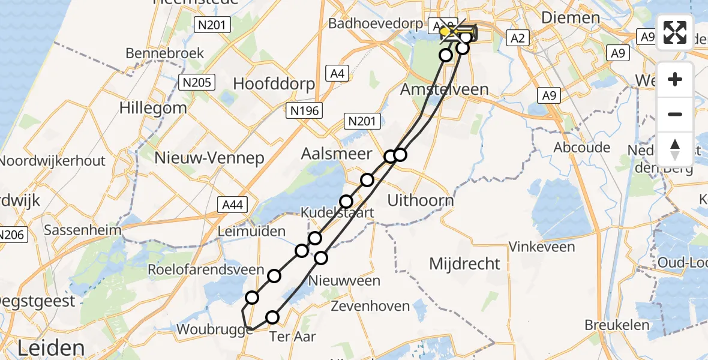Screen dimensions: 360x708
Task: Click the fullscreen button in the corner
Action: (675, 32)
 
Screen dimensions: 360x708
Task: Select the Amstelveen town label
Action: (445, 89)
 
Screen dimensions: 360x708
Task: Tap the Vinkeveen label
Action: (542, 246)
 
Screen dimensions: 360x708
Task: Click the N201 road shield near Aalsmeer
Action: (363, 122)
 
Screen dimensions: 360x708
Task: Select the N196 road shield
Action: (305, 110)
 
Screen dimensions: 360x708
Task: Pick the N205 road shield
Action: (198, 82)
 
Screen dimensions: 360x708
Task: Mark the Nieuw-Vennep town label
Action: (209, 158)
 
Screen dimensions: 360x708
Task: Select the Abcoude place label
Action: (582, 147)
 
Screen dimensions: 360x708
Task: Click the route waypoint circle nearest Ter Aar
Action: (273, 317)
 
